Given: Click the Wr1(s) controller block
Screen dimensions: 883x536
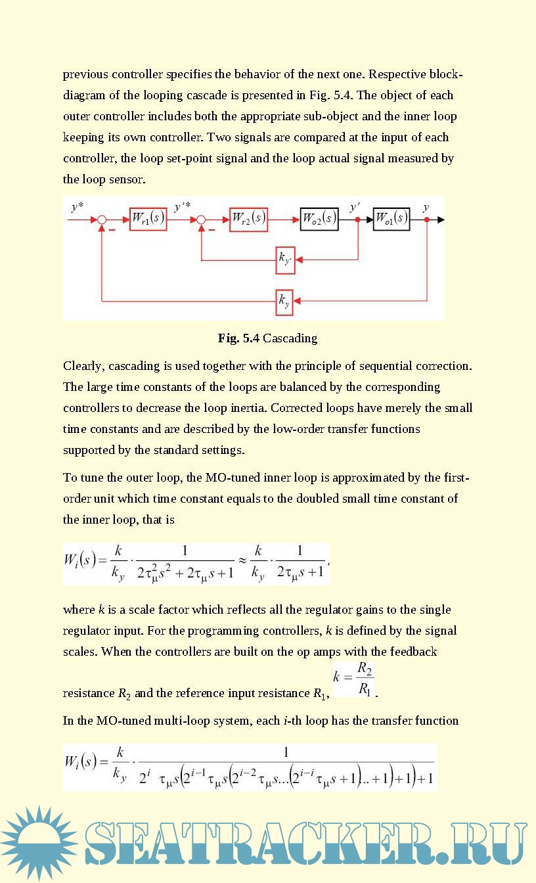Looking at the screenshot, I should (148, 219).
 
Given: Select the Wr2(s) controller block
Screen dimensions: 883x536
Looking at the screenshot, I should (248, 219).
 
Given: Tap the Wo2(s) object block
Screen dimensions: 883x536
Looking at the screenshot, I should (319, 219).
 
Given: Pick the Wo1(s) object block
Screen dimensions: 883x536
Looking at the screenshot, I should (391, 219).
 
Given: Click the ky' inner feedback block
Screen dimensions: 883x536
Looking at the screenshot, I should (285, 260).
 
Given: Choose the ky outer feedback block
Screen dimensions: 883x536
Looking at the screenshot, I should (284, 301).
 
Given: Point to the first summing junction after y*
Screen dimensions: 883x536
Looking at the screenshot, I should (102, 219).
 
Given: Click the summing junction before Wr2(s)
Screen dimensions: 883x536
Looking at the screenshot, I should (202, 219).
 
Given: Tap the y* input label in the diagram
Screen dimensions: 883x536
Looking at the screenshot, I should (78, 207).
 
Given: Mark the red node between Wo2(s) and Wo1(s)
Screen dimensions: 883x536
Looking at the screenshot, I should (357, 219).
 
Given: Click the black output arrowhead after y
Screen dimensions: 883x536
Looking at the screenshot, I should (440, 219).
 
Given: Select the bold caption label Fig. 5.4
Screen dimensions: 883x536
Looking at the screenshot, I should (239, 338).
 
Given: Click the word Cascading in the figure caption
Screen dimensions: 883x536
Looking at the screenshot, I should (290, 338).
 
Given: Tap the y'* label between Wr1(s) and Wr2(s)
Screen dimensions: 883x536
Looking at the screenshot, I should (182, 207).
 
